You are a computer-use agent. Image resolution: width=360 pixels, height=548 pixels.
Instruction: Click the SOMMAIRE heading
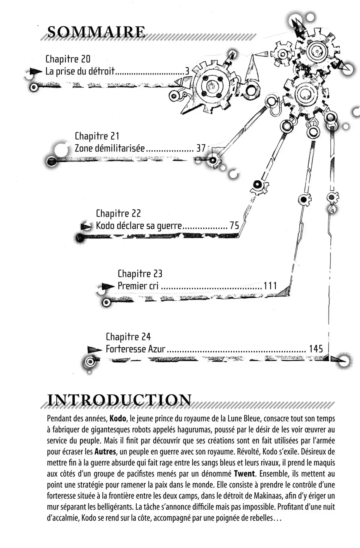96,32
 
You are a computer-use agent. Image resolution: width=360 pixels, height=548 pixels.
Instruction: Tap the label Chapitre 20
68,59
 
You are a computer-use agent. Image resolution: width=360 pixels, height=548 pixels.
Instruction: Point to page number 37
201,148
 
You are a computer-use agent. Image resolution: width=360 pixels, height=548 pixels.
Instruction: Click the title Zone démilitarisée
110,148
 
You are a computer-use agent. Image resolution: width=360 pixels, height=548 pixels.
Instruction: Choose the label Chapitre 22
118,213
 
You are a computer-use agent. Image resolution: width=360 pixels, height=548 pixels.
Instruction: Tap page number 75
234,226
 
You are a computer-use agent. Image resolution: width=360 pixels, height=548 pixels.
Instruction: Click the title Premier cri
138,286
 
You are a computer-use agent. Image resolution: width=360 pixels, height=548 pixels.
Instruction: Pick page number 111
270,286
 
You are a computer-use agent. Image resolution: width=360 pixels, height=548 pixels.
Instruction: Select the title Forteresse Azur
136,349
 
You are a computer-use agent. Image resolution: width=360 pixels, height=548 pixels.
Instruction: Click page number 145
316,349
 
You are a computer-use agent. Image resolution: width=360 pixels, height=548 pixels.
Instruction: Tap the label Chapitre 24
128,337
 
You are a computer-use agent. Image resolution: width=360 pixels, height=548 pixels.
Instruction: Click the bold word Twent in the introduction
244,474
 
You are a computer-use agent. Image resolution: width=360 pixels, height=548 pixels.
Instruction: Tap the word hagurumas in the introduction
195,429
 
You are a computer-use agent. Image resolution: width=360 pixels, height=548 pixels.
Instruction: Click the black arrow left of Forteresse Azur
94,350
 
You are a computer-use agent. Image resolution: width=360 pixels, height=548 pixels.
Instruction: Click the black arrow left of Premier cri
107,286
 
